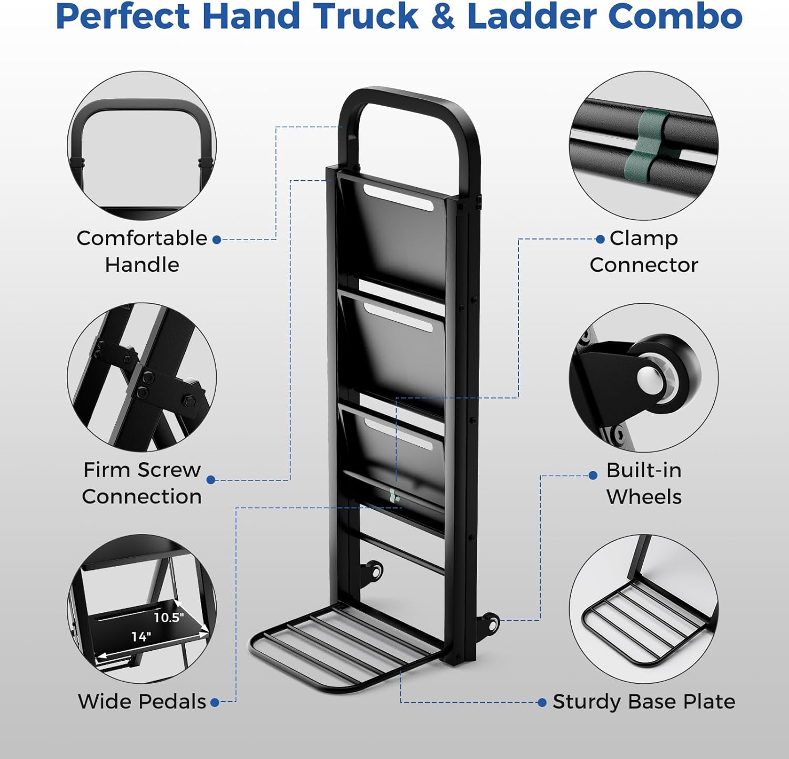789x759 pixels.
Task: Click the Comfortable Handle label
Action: (142, 251)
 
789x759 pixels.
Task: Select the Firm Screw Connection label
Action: (142, 483)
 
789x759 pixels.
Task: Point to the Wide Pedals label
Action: (142, 702)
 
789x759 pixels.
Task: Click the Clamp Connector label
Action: (644, 251)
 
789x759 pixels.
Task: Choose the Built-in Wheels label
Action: (644, 483)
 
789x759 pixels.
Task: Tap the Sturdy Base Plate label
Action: (644, 702)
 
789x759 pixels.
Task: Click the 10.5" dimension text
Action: (169, 617)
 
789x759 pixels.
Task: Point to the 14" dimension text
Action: (141, 637)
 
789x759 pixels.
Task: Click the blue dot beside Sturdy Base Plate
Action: (542, 703)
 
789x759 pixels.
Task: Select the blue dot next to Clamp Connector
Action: (600, 239)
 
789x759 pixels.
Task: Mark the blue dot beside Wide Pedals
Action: (215, 703)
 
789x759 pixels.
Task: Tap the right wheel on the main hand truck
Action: (491, 623)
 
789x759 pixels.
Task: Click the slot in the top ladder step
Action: (398, 198)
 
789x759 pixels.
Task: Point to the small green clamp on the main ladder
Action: (393, 496)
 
